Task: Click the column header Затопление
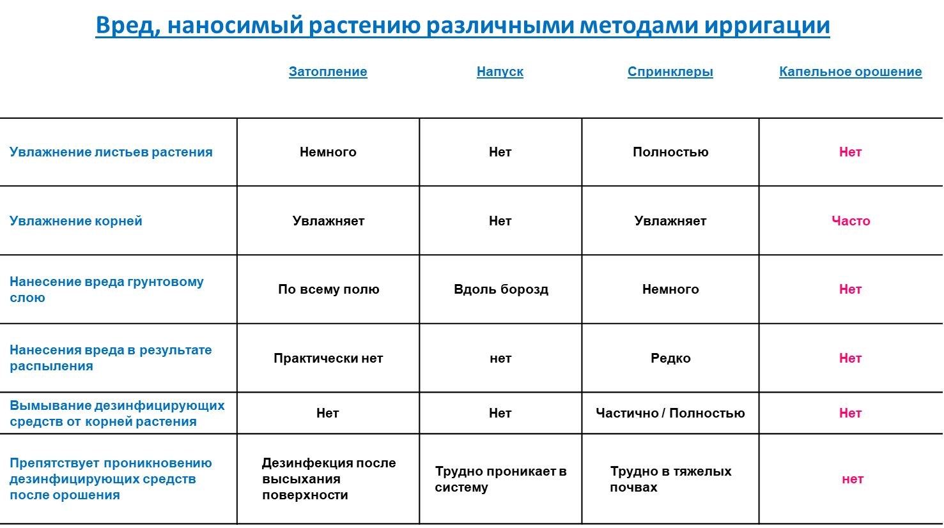[x=328, y=72]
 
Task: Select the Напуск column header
[x=500, y=72]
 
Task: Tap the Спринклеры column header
[x=670, y=72]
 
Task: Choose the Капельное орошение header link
[x=850, y=72]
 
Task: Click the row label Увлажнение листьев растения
[x=111, y=152]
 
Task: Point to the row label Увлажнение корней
[x=76, y=221]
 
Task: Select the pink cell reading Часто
[x=851, y=221]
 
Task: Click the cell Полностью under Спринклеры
[x=670, y=152]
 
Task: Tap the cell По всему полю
[x=329, y=289]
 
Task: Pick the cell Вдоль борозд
[x=501, y=289]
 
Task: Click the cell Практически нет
[x=328, y=358]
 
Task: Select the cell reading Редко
[x=670, y=358]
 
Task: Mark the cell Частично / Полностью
[x=670, y=413]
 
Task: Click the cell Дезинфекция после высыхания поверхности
[x=329, y=479]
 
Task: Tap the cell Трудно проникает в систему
[x=500, y=479]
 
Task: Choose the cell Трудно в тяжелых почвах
[x=670, y=479]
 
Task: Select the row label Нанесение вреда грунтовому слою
[x=106, y=289]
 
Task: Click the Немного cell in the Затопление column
[x=328, y=152]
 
